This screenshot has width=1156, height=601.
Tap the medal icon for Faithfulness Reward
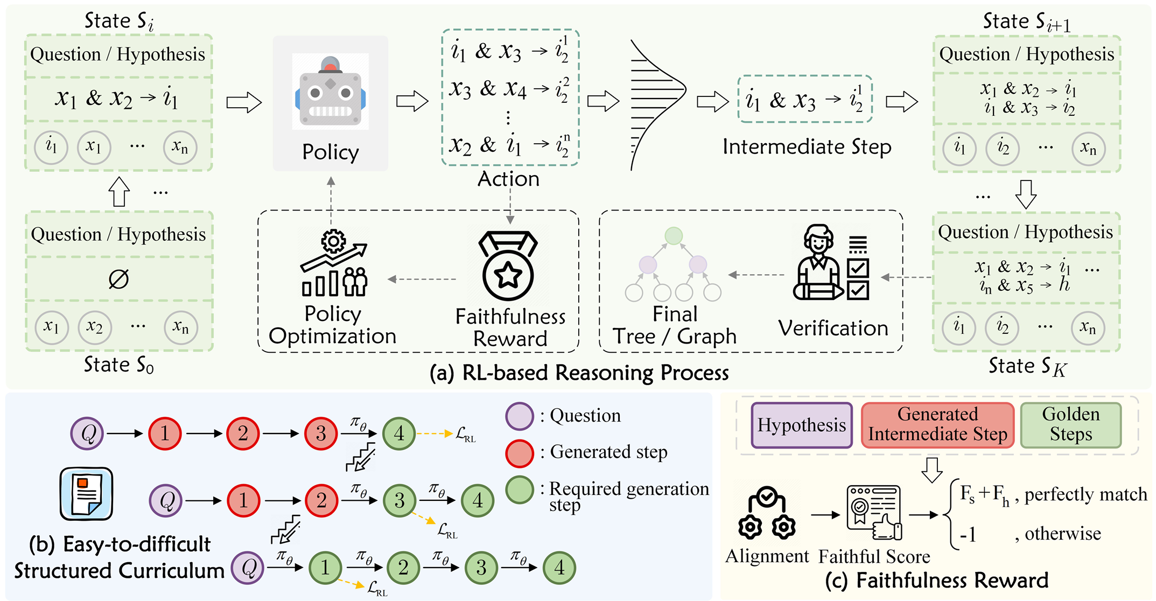508,266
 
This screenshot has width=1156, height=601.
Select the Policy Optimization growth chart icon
334,264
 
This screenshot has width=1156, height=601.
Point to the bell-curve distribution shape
657,105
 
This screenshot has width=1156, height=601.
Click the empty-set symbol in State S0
118,279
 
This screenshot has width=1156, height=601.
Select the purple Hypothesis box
801,425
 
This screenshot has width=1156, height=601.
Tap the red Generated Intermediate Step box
937,425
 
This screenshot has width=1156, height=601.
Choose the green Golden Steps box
1070,425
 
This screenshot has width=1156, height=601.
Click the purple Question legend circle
520,416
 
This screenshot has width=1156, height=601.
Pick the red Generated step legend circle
520,453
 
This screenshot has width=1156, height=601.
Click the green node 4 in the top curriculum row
399,434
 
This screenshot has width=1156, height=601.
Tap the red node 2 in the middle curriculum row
321,501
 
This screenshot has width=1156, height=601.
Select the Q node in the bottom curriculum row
248,568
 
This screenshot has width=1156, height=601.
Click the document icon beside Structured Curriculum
86,493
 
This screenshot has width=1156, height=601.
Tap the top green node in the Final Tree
674,236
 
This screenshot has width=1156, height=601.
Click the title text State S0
118,365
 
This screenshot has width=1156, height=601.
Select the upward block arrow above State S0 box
119,192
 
